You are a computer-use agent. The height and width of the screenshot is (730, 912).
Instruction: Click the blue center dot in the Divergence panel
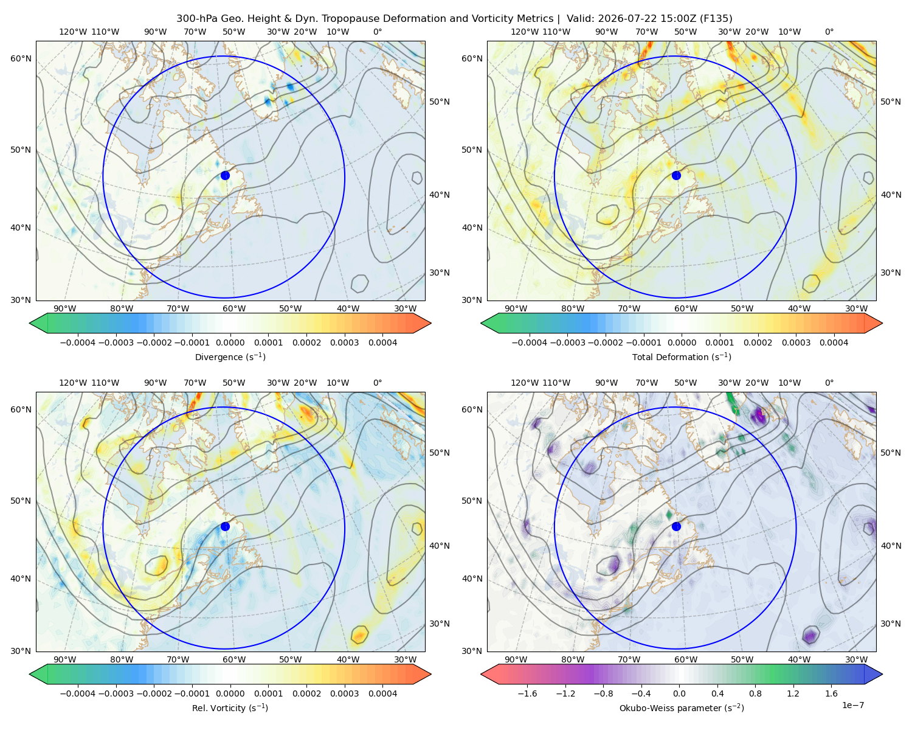pyautogui.click(x=225, y=175)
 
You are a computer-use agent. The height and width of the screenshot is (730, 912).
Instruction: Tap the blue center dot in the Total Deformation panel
pyautogui.click(x=676, y=175)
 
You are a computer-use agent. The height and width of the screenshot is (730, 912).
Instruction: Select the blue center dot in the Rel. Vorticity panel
pyautogui.click(x=225, y=526)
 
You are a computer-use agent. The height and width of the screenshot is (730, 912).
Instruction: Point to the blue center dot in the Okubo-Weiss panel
pyautogui.click(x=676, y=526)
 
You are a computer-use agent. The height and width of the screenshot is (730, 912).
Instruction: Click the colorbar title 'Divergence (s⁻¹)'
pyautogui.click(x=230, y=356)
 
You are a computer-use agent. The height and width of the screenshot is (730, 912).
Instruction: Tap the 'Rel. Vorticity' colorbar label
pyautogui.click(x=218, y=708)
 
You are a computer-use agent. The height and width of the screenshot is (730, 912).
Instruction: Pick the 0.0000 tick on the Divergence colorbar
pyautogui.click(x=230, y=342)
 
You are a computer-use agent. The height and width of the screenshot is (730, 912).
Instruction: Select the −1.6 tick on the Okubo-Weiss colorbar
pyautogui.click(x=527, y=693)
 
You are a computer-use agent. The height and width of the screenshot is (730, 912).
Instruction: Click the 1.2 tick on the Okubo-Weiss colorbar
pyautogui.click(x=793, y=693)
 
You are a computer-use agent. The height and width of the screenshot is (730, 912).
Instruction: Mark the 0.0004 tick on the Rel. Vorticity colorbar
pyautogui.click(x=382, y=693)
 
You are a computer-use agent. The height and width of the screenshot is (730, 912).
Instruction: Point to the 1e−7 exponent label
pyautogui.click(x=852, y=705)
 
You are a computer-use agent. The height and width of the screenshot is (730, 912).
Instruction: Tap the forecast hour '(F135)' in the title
pyautogui.click(x=716, y=19)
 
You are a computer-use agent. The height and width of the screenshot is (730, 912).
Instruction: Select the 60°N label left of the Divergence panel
pyautogui.click(x=21, y=58)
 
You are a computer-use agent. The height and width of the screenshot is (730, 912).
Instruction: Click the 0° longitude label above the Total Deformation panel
pyautogui.click(x=829, y=32)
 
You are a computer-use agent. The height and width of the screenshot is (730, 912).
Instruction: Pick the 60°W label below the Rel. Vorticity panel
pyautogui.click(x=234, y=659)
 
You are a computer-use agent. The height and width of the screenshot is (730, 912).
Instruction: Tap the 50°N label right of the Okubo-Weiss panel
pyautogui.click(x=891, y=453)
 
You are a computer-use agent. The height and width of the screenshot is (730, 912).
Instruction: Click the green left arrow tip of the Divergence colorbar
pyautogui.click(x=30, y=323)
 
